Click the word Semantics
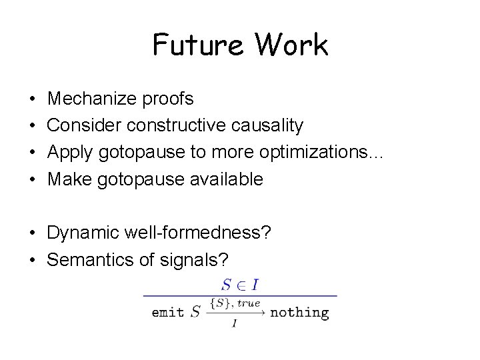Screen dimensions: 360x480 click(x=91, y=259)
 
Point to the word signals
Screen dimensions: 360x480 click(x=188, y=259)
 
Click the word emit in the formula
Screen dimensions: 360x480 click(x=167, y=311)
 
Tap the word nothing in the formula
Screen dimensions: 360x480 click(x=299, y=311)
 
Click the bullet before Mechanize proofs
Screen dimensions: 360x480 click(x=33, y=99)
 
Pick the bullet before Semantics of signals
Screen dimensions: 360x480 click(x=33, y=259)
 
